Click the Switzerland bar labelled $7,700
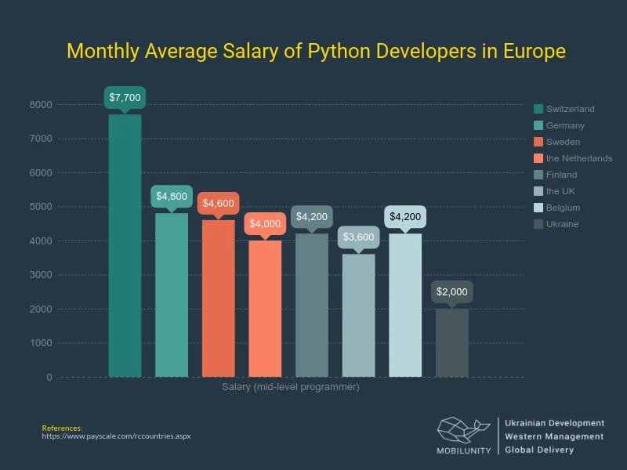pyautogui.click(x=125, y=245)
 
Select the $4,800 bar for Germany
pyautogui.click(x=172, y=295)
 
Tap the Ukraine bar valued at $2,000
pyautogui.click(x=452, y=342)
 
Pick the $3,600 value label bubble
pyautogui.click(x=358, y=237)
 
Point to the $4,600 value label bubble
pyautogui.click(x=218, y=203)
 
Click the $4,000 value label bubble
pyautogui.click(x=265, y=223)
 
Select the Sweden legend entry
pyautogui.click(x=563, y=142)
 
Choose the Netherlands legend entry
pyautogui.click(x=578, y=158)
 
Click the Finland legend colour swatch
pyautogui.click(x=538, y=175)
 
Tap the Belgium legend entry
pyautogui.click(x=563, y=208)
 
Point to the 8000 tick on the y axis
pyautogui.click(x=42, y=104)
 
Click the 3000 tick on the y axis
pyautogui.click(x=42, y=275)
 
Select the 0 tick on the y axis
pyautogui.click(x=49, y=377)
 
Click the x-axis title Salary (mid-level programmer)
pyautogui.click(x=291, y=387)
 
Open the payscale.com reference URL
pyautogui.click(x=116, y=436)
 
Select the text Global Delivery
pyautogui.click(x=539, y=450)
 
